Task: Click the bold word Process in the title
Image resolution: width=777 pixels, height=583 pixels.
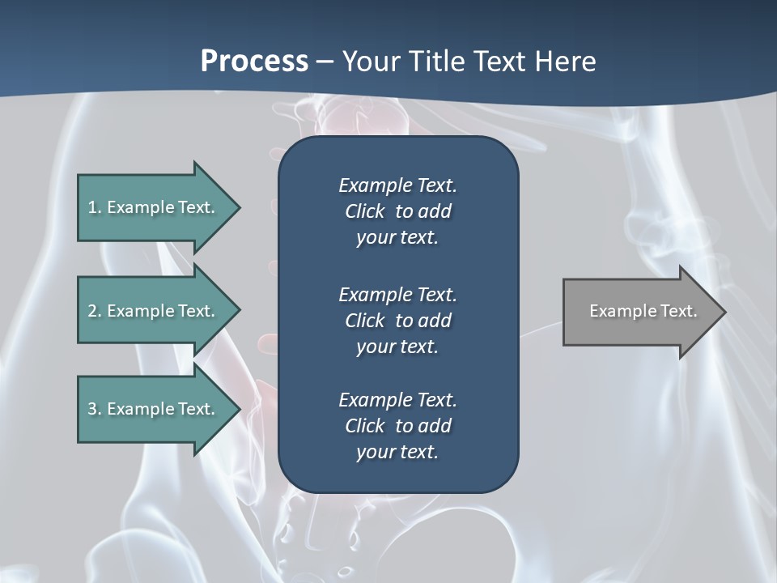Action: [254, 61]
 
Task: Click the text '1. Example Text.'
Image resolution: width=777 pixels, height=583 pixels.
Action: [151, 207]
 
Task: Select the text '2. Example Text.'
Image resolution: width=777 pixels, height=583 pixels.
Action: [151, 311]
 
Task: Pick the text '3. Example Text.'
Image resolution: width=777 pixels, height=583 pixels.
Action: [151, 409]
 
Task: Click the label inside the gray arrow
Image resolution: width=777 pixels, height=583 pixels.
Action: [643, 311]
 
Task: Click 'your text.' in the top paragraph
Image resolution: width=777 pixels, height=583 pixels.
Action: [397, 238]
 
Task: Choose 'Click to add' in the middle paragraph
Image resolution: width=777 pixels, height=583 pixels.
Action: [397, 321]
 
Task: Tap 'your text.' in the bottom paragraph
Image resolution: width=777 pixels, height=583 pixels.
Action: [397, 453]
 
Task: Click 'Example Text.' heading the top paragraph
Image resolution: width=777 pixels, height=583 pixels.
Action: [397, 185]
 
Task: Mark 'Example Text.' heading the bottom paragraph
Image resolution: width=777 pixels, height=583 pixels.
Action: [397, 400]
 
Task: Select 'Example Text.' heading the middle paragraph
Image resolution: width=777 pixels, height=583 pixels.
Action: [397, 294]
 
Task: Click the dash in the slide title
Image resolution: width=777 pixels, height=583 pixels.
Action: [325, 62]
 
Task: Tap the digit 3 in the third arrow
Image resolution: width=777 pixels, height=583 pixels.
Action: [91, 409]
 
